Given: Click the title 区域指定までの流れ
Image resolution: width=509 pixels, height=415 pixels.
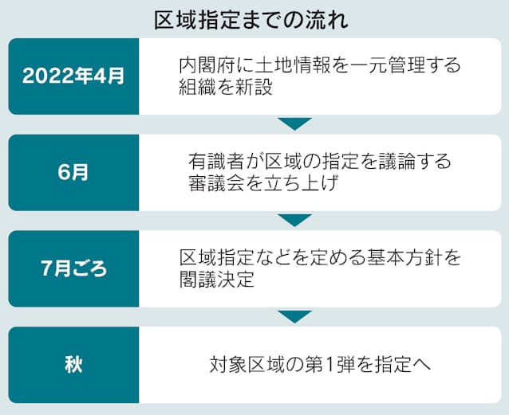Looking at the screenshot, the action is [x=251, y=21].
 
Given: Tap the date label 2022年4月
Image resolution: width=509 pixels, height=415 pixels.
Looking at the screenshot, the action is [x=73, y=76].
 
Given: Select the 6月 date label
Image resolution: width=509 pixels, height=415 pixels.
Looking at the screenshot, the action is [x=73, y=172].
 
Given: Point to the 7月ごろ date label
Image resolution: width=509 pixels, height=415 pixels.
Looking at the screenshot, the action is [x=73, y=268].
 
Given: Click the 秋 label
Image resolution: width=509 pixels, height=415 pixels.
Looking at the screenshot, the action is [x=73, y=365].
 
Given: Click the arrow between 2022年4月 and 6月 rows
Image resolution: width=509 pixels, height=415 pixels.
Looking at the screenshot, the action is [x=294, y=123].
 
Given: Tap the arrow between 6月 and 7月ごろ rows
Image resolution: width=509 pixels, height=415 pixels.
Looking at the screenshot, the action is [x=294, y=220].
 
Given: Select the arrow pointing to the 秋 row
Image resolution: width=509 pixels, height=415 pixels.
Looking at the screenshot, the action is [x=294, y=316].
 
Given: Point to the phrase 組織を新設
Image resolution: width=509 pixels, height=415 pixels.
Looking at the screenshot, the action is [x=226, y=87].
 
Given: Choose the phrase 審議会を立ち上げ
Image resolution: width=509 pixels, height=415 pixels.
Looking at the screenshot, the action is [x=263, y=183].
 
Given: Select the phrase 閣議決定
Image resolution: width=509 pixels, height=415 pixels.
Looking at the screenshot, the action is [x=216, y=280].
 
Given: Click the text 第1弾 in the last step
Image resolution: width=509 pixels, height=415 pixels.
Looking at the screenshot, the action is [x=329, y=365].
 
